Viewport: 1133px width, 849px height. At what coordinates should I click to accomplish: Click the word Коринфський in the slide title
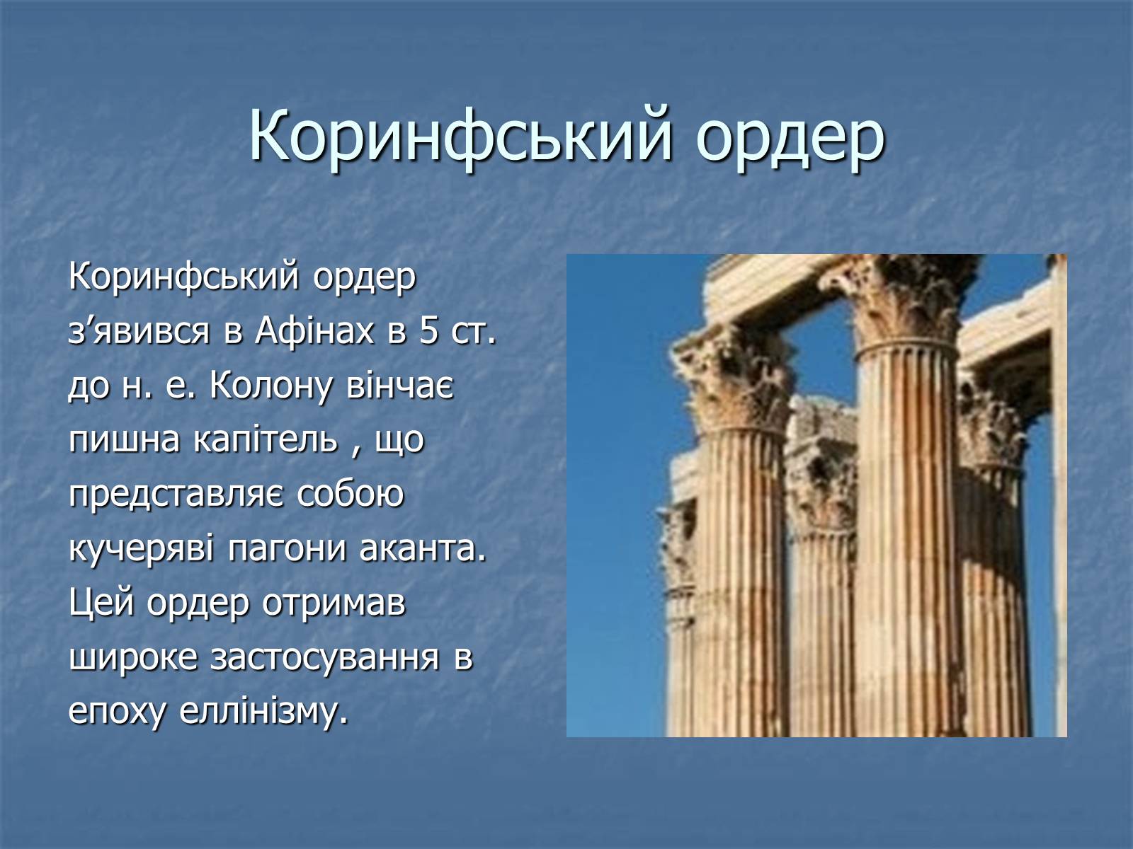461,136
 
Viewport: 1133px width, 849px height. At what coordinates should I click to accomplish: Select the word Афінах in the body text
314,331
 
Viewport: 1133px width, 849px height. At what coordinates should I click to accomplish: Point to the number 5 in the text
428,331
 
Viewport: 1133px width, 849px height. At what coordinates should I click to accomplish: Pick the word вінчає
400,386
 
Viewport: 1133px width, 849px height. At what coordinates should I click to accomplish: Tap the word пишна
125,440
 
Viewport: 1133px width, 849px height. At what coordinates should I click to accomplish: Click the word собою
351,494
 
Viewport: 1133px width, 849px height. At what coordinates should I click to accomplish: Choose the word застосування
324,658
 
